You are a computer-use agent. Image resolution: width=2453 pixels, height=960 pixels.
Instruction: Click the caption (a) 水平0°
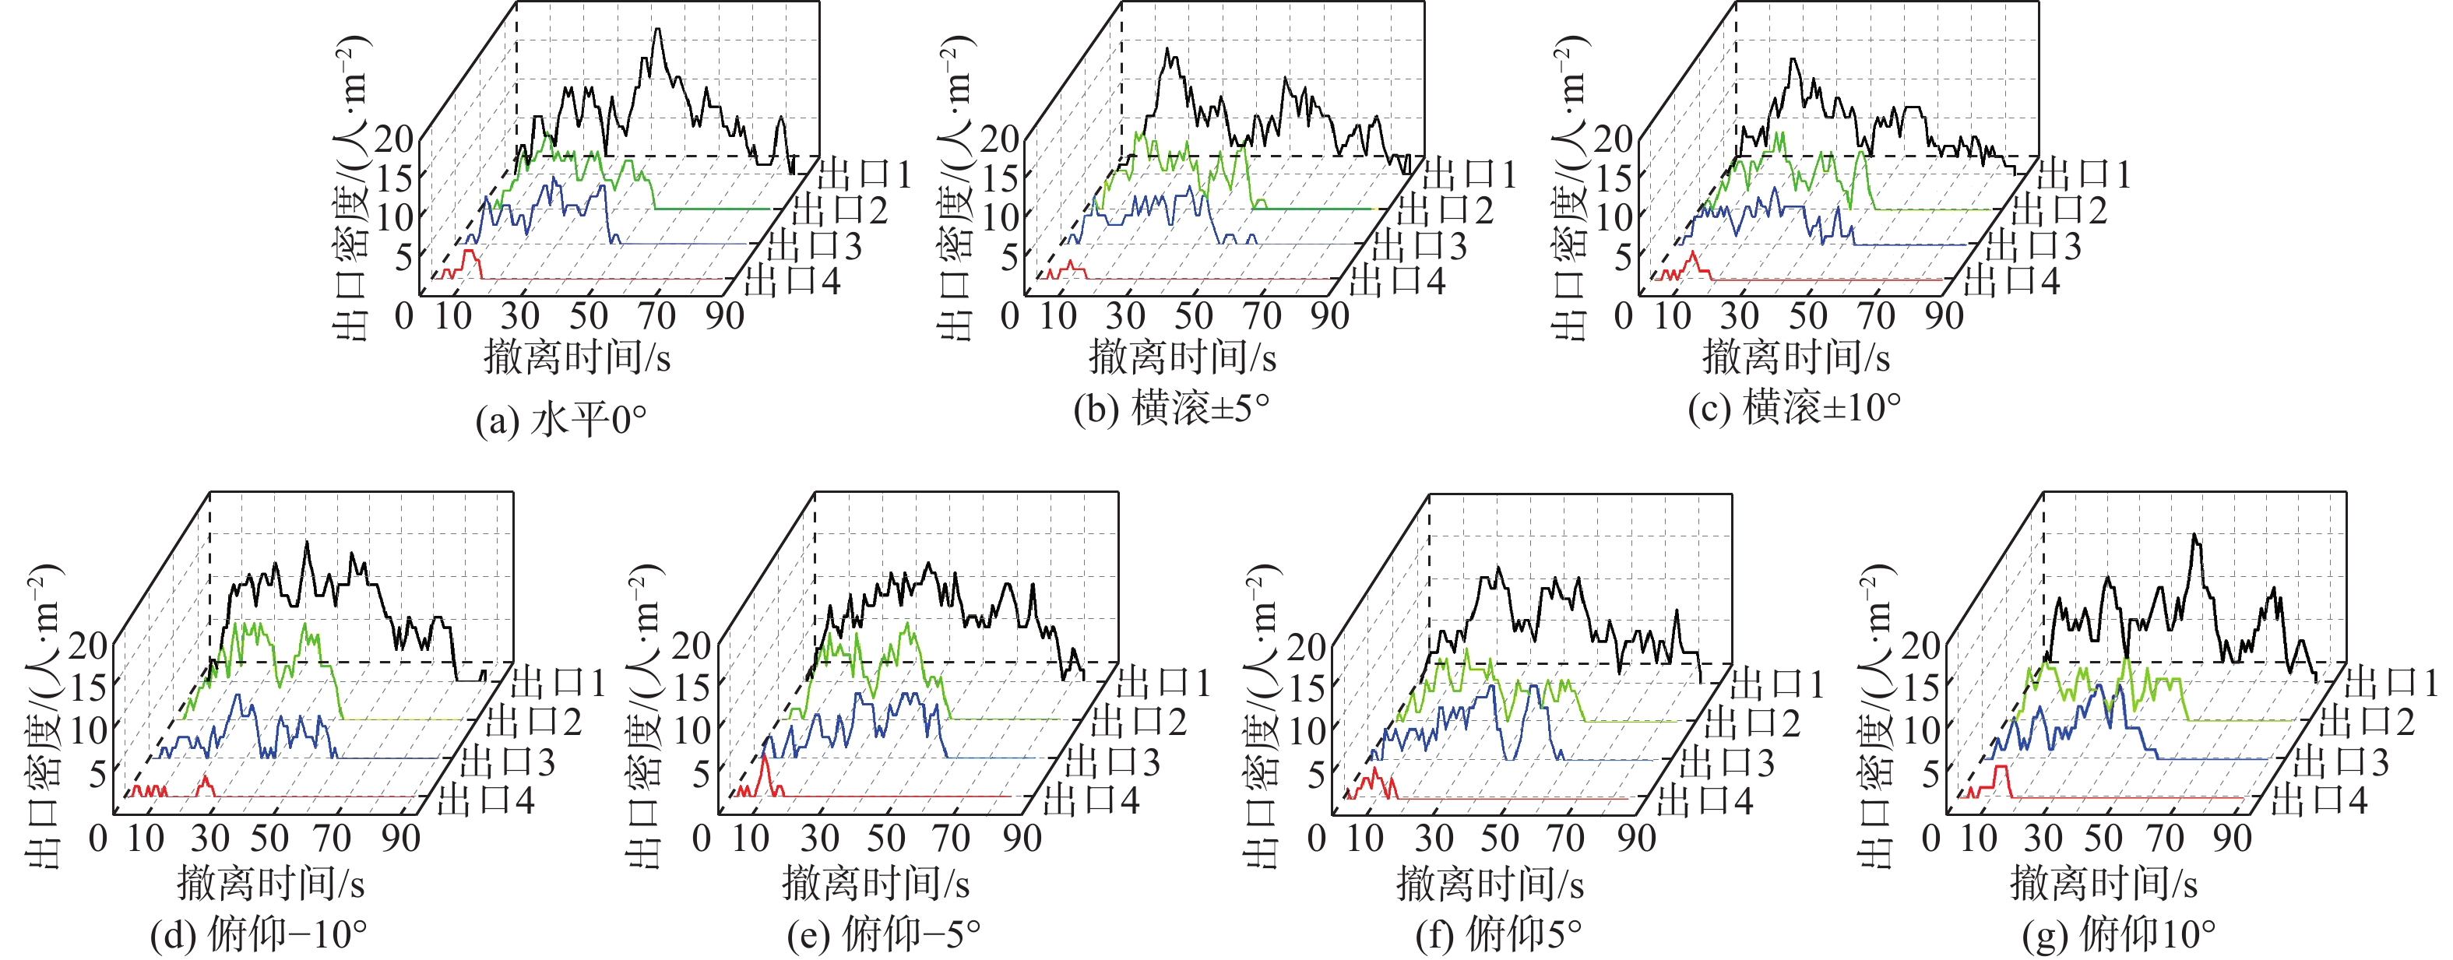561,419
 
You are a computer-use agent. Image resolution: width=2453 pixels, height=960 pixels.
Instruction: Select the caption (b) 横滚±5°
1171,409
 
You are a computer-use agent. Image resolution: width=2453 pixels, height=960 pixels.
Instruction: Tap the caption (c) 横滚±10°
1794,409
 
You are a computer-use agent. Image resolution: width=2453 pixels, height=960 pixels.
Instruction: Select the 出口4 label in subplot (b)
1397,281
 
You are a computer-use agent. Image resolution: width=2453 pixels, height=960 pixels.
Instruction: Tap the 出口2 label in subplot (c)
2059,209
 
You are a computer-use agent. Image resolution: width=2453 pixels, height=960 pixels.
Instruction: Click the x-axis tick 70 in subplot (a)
656,315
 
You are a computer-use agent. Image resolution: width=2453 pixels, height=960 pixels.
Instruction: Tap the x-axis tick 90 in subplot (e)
1022,838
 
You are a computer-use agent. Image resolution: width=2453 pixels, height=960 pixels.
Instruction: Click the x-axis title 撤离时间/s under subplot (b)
1182,358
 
